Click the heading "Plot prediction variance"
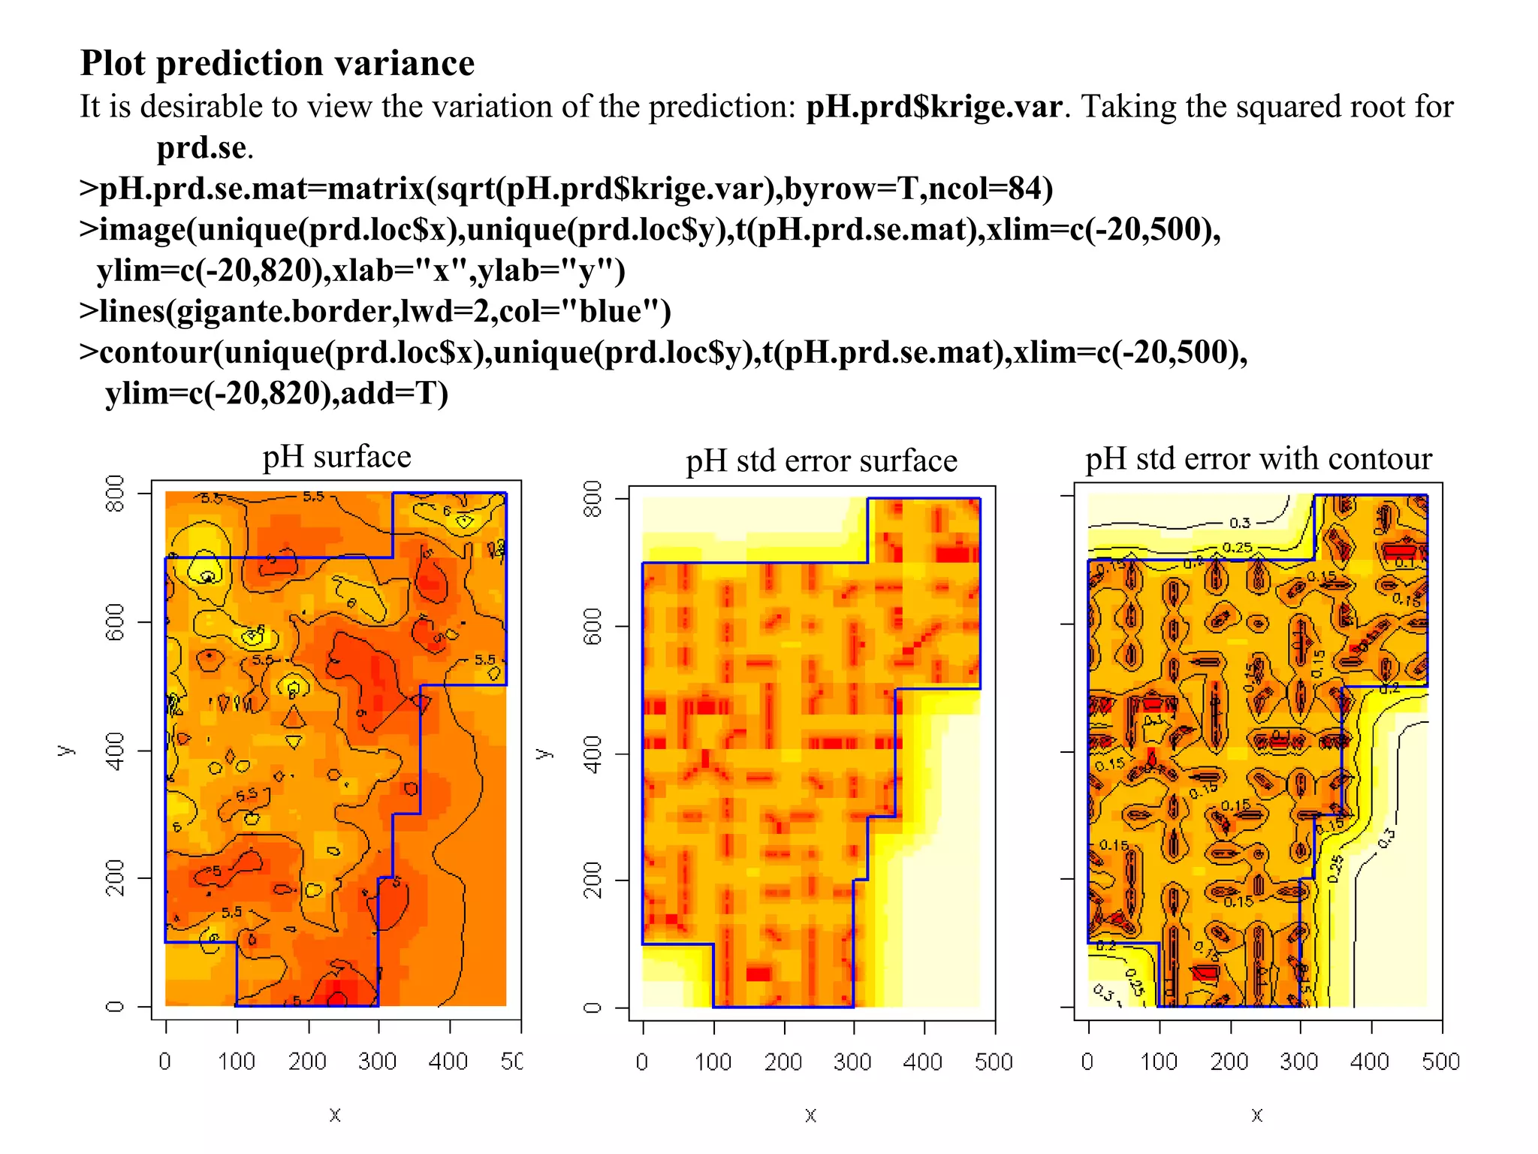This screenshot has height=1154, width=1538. coord(277,63)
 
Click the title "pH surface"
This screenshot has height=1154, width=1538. coord(336,457)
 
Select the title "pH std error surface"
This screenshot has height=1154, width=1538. coord(821,461)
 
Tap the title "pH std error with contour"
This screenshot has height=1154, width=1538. coord(1258,458)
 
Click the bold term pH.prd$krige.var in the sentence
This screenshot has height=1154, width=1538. coord(933,107)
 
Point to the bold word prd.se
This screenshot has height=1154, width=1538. coord(201,148)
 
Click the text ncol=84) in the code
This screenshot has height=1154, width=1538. coord(991,189)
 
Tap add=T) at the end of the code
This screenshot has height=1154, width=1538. coord(394,394)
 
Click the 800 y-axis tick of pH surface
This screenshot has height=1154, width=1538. coord(115,494)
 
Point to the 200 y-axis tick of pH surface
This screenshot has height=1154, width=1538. coord(115,878)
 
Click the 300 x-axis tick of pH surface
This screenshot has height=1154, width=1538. coord(377,1062)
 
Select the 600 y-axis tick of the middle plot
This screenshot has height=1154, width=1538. coord(593,626)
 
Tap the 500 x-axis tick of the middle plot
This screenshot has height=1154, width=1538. coord(994,1062)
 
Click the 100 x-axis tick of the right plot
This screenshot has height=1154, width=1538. coord(1159,1062)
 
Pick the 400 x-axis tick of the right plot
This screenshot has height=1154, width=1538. coord(1369,1062)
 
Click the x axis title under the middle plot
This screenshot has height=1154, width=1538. coord(810,1115)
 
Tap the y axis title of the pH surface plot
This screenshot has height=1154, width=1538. coord(65,750)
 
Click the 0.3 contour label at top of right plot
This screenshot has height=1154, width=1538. coord(1240,523)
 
